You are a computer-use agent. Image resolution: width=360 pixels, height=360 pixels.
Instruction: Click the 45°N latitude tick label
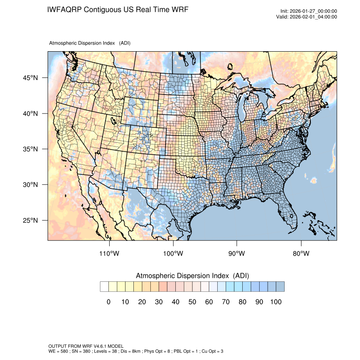(x=30, y=78)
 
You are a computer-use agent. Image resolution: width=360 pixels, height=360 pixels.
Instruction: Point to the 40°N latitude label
(x=30, y=114)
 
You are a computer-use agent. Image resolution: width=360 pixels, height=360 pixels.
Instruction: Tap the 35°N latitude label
(x=30, y=149)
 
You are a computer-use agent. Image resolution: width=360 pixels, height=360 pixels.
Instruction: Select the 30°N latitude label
(x=30, y=185)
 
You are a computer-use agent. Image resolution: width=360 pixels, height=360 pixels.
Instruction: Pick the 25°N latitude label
(x=30, y=220)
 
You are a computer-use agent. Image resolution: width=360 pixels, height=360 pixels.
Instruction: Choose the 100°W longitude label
(x=173, y=254)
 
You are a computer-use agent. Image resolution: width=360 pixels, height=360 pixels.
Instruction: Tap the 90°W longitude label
(x=237, y=254)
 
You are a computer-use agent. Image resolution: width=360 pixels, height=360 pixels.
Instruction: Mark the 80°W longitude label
(x=301, y=254)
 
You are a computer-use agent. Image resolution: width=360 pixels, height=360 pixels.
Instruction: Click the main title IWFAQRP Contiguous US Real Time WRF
(x=118, y=9)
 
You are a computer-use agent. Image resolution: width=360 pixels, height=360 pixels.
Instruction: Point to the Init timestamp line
(x=309, y=11)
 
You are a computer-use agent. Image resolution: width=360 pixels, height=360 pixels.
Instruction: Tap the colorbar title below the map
(x=192, y=276)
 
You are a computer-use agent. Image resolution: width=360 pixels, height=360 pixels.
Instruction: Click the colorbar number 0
(x=108, y=302)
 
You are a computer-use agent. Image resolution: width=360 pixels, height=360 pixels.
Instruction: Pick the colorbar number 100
(x=276, y=302)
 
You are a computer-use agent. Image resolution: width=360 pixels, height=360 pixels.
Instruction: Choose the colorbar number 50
(x=192, y=302)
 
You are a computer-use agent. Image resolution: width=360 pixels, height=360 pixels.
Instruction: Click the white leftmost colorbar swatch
(x=104, y=287)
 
